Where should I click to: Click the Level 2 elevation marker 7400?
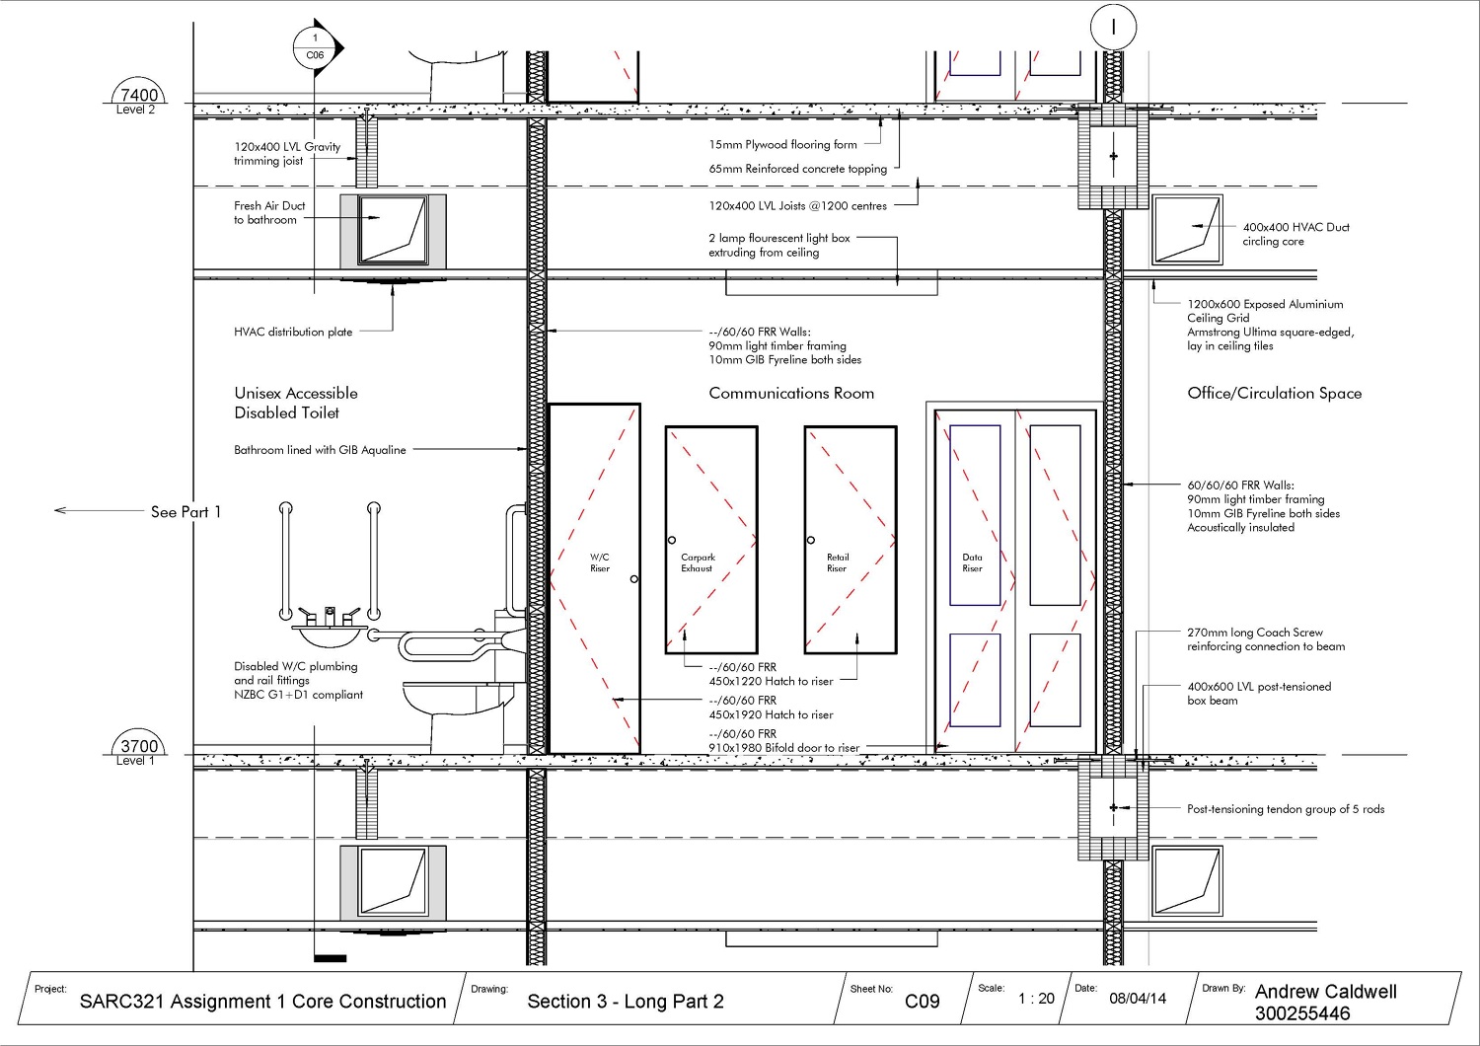tap(138, 96)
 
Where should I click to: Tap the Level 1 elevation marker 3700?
tap(138, 747)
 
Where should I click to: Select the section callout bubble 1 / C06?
tap(316, 47)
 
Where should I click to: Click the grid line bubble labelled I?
tap(1114, 28)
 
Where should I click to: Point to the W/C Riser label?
tap(600, 562)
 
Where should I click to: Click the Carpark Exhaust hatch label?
tap(698, 562)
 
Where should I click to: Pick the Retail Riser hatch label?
tap(837, 562)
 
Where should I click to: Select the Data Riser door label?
tap(972, 562)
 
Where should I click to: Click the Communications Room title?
tap(791, 393)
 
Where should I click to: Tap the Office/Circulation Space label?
tap(1274, 393)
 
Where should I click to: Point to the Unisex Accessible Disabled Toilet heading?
tap(295, 403)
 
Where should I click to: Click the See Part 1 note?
tap(185, 512)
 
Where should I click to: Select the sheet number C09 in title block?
tap(922, 1001)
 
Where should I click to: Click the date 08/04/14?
tap(1137, 999)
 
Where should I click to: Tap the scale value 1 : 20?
tap(1036, 999)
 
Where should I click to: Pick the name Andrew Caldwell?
tap(1325, 992)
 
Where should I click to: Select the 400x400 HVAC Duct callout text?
tap(1295, 234)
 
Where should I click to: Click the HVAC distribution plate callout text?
tap(293, 333)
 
